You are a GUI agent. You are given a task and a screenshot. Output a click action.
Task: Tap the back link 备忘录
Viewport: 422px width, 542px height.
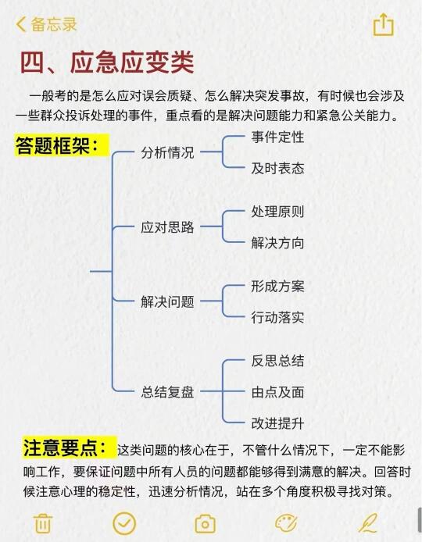[46, 24]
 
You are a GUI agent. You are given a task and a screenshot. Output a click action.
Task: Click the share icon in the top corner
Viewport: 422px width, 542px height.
[383, 24]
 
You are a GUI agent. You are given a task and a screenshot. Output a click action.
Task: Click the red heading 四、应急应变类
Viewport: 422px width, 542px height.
[107, 62]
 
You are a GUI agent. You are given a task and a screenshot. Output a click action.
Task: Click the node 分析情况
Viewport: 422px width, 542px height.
[167, 152]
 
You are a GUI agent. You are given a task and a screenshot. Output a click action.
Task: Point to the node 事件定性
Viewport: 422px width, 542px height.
[277, 137]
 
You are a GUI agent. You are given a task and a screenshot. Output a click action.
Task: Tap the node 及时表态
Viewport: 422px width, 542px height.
[277, 169]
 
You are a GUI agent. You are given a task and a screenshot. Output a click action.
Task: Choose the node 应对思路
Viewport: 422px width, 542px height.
[167, 227]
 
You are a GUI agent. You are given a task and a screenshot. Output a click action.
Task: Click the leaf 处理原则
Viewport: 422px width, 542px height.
[277, 212]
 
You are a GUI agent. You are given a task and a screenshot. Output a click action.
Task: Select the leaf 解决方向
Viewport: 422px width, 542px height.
[277, 243]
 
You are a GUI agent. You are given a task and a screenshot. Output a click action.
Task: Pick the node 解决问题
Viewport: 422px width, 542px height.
[167, 301]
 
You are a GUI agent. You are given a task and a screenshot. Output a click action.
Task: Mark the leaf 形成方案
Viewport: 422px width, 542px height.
[277, 286]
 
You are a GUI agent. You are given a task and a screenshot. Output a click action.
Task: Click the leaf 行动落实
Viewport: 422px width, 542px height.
[277, 317]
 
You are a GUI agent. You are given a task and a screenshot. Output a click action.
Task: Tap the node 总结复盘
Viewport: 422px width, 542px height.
[167, 392]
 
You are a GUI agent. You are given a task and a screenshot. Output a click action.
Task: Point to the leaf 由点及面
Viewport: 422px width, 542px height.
[277, 392]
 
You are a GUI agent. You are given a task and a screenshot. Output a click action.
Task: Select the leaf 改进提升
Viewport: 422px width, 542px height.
[277, 423]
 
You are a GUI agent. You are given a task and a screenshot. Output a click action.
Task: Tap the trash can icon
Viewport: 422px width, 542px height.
[43, 523]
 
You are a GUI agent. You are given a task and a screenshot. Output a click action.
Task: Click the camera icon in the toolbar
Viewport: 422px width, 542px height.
[205, 524]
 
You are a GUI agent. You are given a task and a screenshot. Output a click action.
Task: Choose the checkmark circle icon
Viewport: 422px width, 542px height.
[124, 523]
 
